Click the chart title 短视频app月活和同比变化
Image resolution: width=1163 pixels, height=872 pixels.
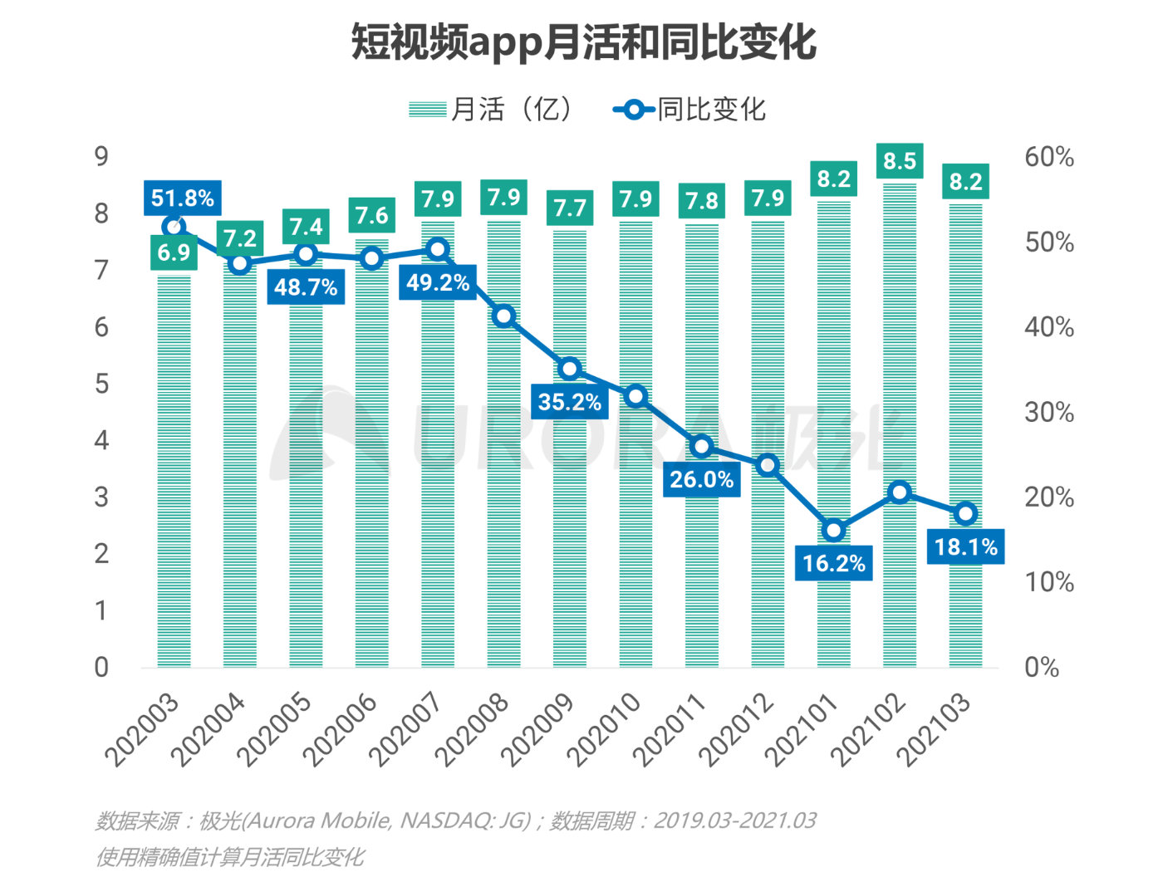[583, 42]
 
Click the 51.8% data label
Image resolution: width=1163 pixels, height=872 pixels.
[182, 198]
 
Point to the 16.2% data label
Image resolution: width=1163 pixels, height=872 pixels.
[833, 564]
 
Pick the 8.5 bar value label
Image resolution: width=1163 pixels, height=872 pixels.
[900, 161]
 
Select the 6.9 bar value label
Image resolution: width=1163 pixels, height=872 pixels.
[174, 252]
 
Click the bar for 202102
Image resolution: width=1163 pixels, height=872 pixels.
[900, 432]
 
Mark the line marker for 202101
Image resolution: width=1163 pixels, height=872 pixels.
[833, 530]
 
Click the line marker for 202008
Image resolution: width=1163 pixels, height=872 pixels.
[503, 316]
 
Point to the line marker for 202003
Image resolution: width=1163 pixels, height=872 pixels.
[174, 227]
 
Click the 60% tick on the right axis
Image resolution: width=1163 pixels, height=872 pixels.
[1048, 157]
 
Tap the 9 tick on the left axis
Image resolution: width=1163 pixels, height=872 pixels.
[101, 157]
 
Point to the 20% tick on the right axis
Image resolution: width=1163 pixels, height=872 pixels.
[1048, 497]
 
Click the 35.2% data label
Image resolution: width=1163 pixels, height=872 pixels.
[569, 403]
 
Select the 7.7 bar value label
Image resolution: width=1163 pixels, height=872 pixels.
[570, 208]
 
